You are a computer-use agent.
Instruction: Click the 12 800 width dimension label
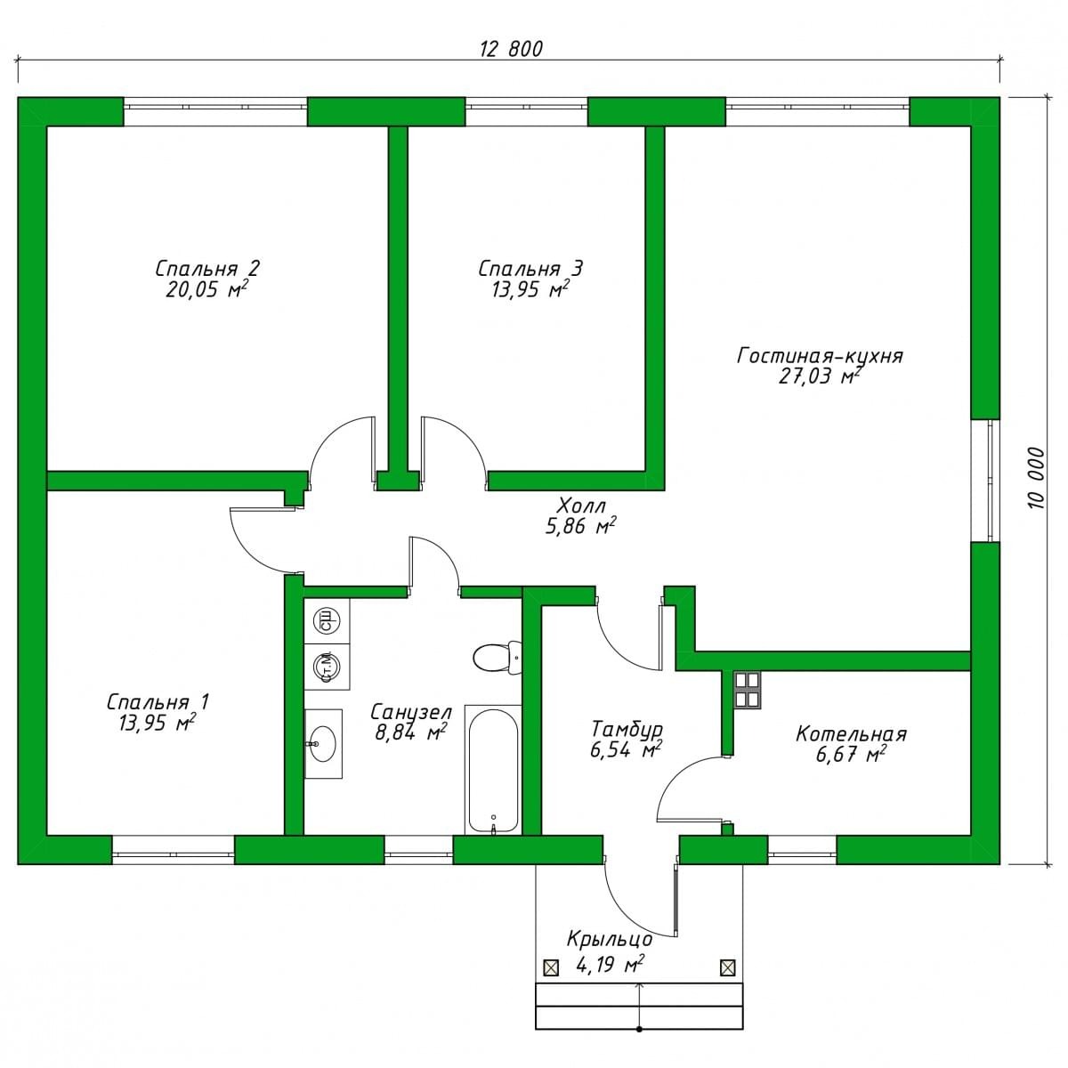coord(511,49)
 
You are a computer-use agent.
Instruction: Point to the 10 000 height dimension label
coord(1035,477)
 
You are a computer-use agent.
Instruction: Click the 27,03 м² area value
coord(820,376)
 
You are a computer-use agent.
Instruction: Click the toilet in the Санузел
coord(498,658)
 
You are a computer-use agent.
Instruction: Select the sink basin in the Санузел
coord(322,743)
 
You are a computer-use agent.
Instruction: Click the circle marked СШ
coord(327,620)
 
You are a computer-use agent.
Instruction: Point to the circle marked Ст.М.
coord(327,667)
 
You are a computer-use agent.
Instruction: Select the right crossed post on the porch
coord(728,967)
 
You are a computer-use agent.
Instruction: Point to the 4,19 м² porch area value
coord(610,965)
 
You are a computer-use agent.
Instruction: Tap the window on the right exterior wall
coord(985,480)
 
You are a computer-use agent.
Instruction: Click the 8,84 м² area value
coord(410,732)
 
